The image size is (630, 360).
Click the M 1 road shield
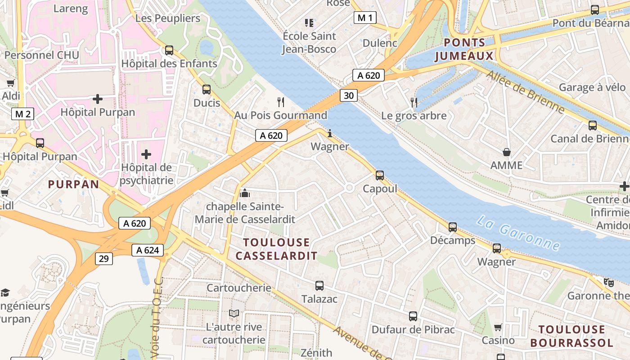point(364,18)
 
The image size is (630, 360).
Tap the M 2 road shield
point(22,114)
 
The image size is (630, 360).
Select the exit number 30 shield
point(349,95)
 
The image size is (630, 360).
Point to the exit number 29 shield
point(104,258)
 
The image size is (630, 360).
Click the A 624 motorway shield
point(148,250)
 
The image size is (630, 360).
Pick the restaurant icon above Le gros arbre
point(414,103)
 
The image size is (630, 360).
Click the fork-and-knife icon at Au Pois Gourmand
point(281,102)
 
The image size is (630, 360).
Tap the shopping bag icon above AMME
point(507,152)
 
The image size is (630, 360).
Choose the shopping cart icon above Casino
point(498,327)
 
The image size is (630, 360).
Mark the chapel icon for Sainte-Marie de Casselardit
point(245,193)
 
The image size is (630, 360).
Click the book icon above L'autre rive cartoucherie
point(234,313)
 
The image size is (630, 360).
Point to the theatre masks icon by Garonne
point(609,282)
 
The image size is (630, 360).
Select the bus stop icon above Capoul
point(380,175)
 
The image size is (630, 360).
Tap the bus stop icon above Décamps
point(453,227)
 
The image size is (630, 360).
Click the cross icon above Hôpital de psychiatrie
point(146,154)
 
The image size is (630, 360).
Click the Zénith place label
point(316,353)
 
